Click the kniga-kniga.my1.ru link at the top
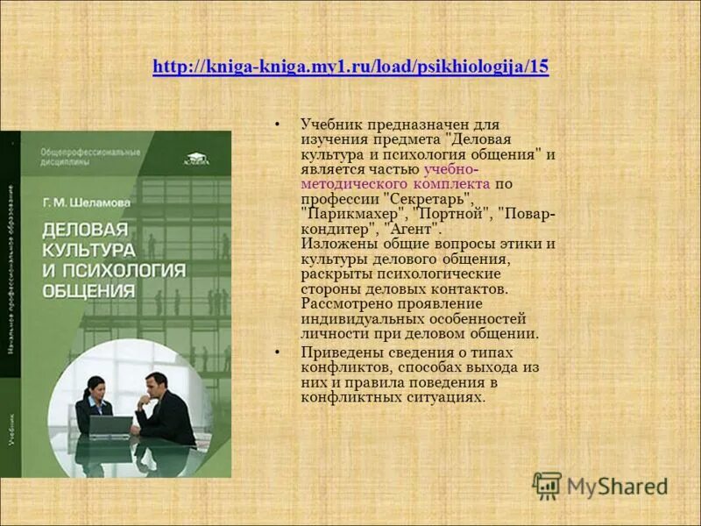[350, 68]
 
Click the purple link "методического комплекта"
[395, 184]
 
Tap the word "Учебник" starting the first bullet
[330, 124]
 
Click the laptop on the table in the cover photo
[110, 426]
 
